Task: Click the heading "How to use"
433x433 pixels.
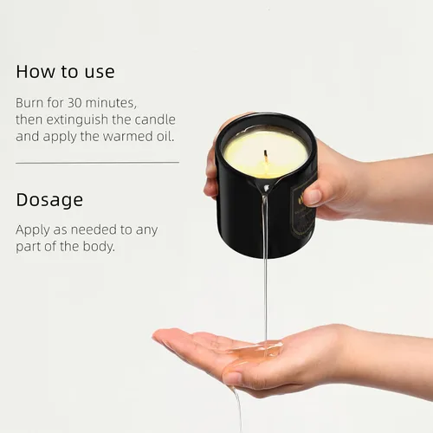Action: coord(65,72)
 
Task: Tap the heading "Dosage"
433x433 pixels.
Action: coord(49,200)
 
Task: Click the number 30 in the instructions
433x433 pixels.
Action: coord(74,103)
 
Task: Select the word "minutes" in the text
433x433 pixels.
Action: coord(111,103)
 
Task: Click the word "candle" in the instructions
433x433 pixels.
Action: coord(155,120)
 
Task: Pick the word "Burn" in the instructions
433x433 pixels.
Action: coord(29,103)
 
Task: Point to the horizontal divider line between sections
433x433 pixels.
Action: coord(97,163)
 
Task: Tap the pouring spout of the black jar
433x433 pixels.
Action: coord(266,188)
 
